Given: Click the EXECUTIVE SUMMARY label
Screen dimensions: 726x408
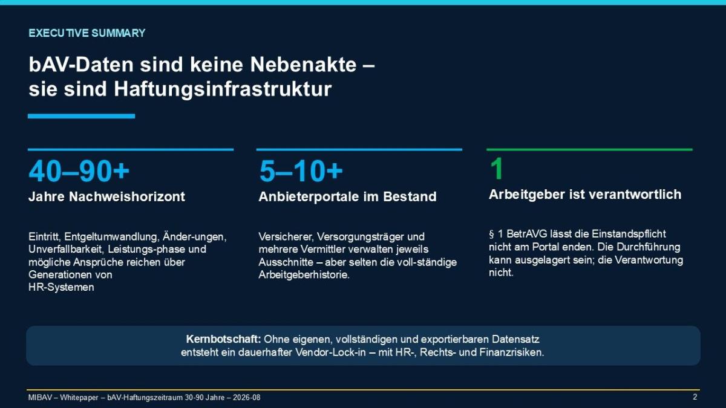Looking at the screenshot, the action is coord(87,33).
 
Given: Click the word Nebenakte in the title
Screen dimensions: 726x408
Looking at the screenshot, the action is coord(303,65).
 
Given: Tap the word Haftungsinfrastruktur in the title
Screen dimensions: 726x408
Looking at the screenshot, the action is coord(223,89).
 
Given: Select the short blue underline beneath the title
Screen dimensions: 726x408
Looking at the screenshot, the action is coord(81,116).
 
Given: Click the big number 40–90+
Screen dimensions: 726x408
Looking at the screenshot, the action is coord(79,171).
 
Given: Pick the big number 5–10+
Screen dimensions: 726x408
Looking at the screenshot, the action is coord(301,171).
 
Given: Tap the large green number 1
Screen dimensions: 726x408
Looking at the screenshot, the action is coord(497,169).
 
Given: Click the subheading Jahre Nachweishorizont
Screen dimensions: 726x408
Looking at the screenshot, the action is coord(106,196).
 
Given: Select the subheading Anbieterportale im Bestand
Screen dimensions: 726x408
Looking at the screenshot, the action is coord(347,196).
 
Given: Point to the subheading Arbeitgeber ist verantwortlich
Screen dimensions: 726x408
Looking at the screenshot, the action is coord(585,195).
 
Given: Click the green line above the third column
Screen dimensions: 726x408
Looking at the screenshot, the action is coord(589,150).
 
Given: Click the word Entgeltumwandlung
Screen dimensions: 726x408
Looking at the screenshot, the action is coord(112,237).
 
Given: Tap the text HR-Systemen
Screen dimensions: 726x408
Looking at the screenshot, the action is coord(61,287).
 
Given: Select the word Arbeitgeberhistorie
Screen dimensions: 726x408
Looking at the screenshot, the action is coord(304,275).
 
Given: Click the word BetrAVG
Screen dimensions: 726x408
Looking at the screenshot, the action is coord(527,234).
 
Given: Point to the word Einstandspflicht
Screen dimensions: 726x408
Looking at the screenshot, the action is coord(629,234).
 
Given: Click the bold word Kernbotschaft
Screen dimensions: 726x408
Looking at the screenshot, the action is coord(224,339).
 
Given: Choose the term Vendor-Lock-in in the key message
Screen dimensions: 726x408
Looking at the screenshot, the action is coord(330,352).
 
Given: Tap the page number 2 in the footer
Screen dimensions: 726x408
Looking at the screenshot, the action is coord(695,397).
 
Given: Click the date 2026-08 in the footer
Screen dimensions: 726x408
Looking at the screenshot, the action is coord(246,397).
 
